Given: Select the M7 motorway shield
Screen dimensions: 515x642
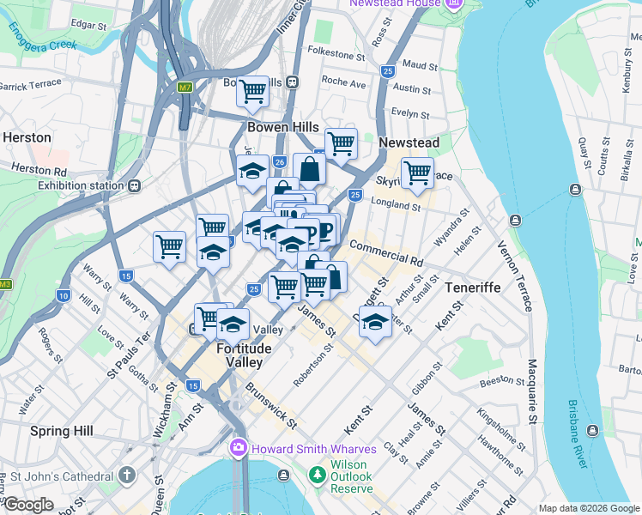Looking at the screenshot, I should pos(185,87).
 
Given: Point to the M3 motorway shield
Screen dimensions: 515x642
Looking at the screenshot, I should pos(6,284).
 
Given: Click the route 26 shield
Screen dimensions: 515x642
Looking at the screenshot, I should pos(279,161).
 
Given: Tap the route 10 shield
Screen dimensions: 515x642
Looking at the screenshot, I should pos(64,295).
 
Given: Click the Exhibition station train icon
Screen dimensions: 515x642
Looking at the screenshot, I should pos(135,185).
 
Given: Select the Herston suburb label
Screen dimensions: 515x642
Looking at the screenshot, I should pos(27,137).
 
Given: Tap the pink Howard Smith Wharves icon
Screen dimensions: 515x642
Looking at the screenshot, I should pos(238,449).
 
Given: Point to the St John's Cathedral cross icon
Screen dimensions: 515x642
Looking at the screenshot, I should pos(127,476).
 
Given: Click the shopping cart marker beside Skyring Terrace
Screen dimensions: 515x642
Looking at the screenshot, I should pos(417,173).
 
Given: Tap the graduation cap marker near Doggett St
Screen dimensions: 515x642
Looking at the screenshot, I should pos(375,323).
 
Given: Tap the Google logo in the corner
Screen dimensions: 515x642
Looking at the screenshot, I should pos(27,505).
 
